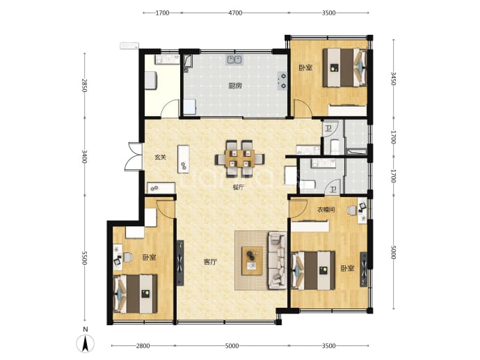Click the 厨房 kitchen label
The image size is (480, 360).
point(235,86)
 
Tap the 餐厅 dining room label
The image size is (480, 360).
point(239,187)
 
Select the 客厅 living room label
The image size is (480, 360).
point(210,262)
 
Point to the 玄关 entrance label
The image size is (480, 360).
point(160,157)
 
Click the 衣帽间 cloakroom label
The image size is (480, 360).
point(326,210)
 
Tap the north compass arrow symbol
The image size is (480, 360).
point(86,343)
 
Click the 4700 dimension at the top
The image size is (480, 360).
point(235,13)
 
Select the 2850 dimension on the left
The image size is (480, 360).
point(85,86)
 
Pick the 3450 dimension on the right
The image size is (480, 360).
point(394,79)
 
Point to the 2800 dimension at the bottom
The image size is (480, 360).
point(143,346)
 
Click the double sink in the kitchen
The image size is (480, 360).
point(234,60)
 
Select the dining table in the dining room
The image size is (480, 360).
point(239,159)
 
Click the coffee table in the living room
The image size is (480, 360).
point(252,260)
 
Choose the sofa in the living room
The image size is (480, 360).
point(277,260)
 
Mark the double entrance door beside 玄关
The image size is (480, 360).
point(134,156)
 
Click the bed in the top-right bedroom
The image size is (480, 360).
point(344,68)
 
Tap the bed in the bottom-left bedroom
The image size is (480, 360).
point(135,294)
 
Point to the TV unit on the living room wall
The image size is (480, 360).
point(180,263)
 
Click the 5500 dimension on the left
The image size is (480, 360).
point(85,258)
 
